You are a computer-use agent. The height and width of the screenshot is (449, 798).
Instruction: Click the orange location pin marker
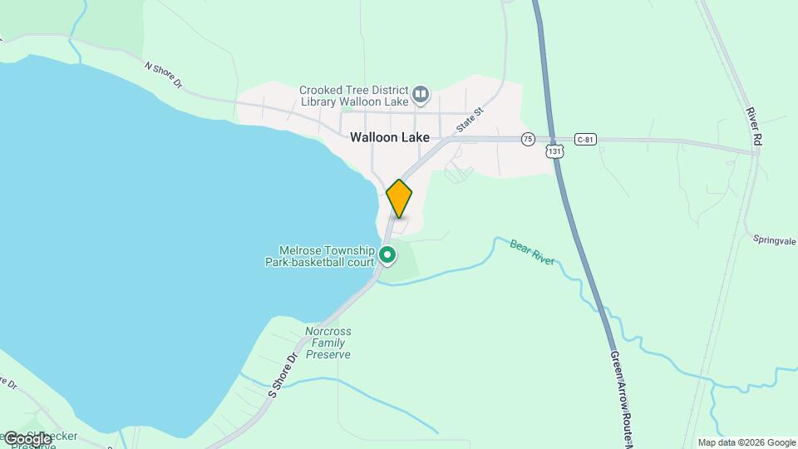tap(399, 198)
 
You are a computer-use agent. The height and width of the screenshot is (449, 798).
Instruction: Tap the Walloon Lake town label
tap(389, 137)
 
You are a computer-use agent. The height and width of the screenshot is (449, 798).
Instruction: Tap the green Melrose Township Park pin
tap(387, 254)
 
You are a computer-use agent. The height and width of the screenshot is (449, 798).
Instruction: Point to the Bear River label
tap(532, 253)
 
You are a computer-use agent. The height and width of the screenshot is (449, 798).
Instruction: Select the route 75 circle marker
tap(528, 139)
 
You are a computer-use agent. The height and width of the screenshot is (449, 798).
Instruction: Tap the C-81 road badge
tap(585, 139)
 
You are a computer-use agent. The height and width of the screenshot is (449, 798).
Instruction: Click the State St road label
tap(469, 120)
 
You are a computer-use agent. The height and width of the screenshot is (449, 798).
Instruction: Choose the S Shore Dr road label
tap(283, 375)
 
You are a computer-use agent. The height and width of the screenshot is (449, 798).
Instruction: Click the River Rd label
tap(754, 127)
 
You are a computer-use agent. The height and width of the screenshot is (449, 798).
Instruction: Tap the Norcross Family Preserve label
tap(328, 342)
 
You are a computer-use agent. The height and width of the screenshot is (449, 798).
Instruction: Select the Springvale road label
tap(775, 239)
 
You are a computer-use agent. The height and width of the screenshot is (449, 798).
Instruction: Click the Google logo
tap(27, 438)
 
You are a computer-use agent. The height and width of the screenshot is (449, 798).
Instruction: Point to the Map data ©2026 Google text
tap(746, 442)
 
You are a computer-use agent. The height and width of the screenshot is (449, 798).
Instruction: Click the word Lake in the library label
tap(395, 101)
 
